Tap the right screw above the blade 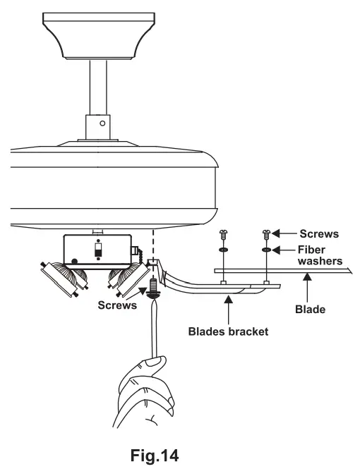(267, 233)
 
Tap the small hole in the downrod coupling (103, 123)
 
